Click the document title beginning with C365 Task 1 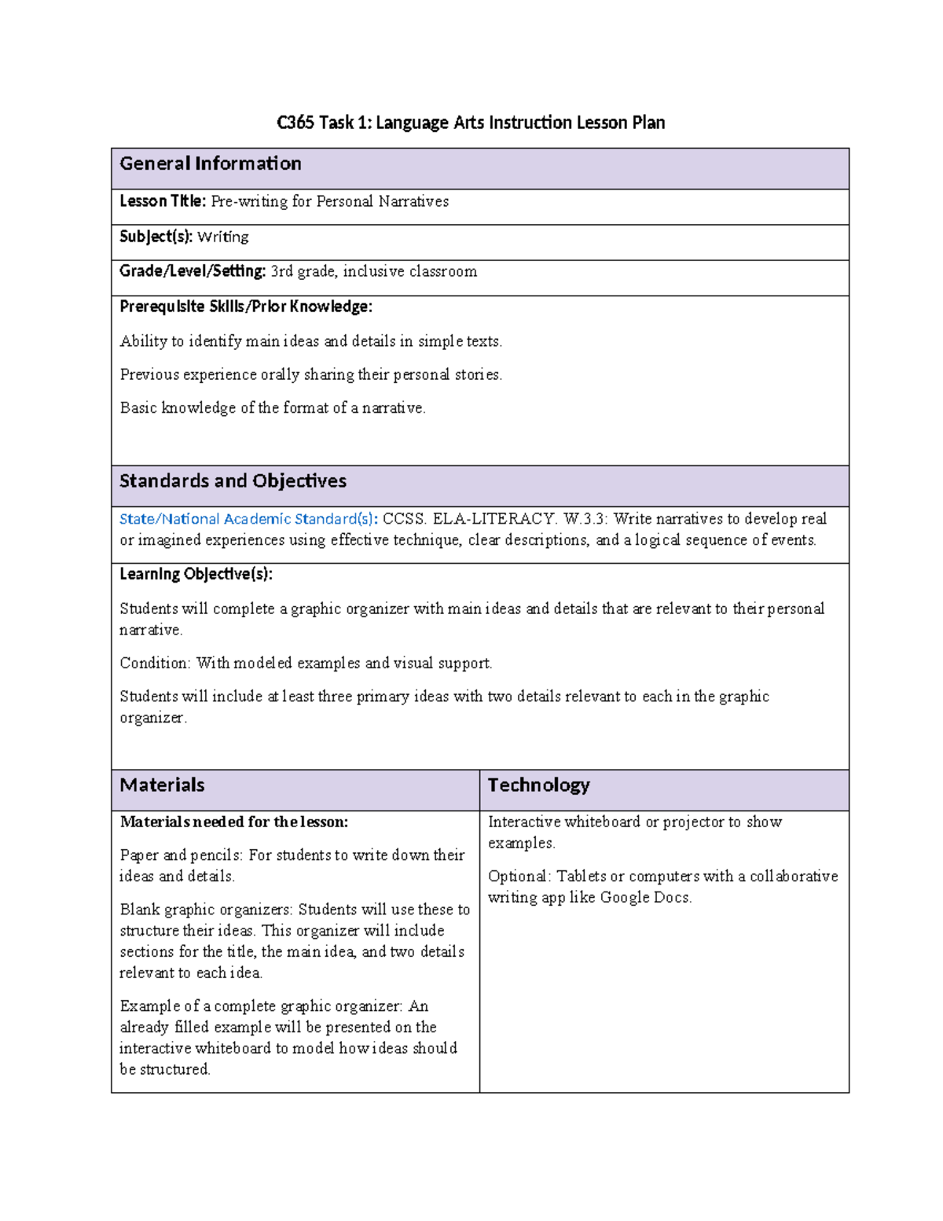click(x=471, y=123)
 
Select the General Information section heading click(x=211, y=164)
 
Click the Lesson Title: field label click(x=163, y=201)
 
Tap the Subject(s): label click(x=156, y=237)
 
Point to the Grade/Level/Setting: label click(x=193, y=271)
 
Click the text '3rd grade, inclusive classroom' click(x=374, y=271)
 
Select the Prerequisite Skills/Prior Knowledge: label click(x=246, y=307)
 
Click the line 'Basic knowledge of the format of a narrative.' click(x=273, y=408)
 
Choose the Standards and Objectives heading click(x=233, y=481)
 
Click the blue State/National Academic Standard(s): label click(x=248, y=519)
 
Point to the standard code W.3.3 click(x=586, y=519)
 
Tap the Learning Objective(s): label click(x=196, y=574)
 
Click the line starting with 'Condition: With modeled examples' click(x=306, y=663)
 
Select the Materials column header click(x=162, y=785)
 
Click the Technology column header click(x=538, y=785)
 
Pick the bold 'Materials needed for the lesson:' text click(x=233, y=822)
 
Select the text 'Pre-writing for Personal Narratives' click(x=330, y=201)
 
